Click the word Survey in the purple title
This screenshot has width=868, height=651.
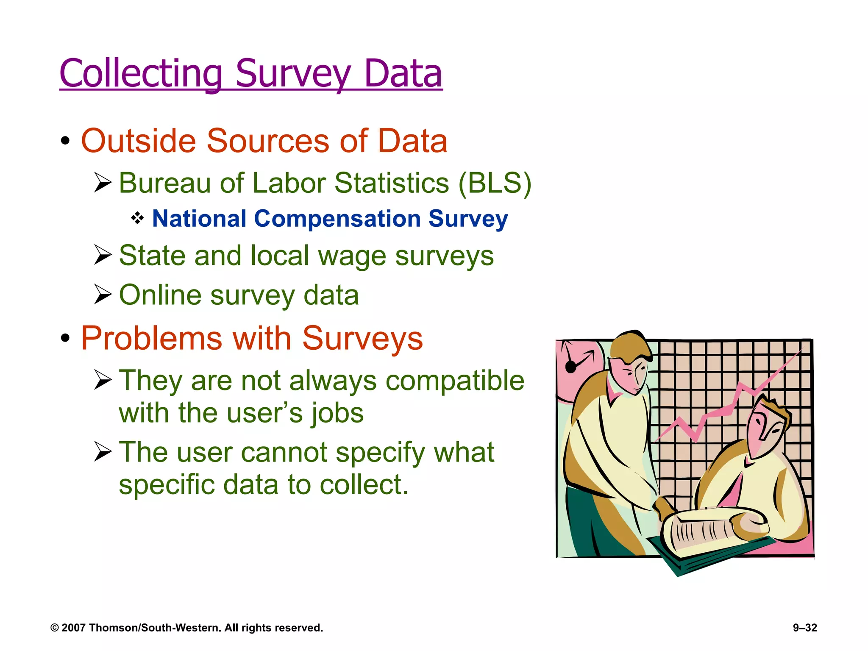pos(293,74)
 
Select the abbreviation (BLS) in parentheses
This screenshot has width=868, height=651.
pos(495,184)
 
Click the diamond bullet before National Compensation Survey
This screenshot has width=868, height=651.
pos(137,219)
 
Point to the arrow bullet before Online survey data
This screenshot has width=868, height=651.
pos(103,295)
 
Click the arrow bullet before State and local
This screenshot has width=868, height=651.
pos(103,255)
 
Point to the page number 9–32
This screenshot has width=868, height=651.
pos(805,628)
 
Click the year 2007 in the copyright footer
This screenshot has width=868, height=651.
pos(74,628)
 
